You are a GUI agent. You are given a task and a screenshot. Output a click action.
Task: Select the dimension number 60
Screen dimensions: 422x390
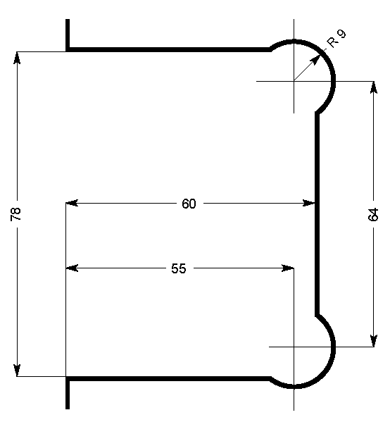189,204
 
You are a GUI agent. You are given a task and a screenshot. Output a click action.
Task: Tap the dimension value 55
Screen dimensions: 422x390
179,268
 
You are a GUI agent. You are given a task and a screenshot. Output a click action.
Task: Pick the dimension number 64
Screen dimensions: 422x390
373,214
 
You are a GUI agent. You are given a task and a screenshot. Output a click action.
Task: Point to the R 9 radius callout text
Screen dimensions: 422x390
336,39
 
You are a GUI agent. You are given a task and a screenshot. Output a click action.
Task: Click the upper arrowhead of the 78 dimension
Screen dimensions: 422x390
17,56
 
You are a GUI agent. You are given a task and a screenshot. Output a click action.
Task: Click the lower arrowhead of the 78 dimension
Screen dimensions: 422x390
17,371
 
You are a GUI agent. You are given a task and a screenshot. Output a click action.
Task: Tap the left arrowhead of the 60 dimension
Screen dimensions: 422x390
71,204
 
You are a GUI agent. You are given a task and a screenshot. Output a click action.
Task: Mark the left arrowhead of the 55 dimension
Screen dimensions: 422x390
71,268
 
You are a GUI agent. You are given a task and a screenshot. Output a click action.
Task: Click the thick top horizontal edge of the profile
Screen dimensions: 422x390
169,50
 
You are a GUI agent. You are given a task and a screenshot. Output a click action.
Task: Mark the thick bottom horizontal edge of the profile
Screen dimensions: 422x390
169,378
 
